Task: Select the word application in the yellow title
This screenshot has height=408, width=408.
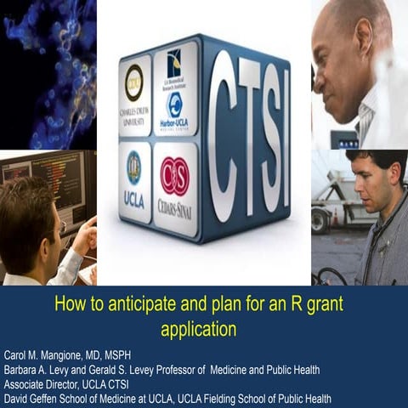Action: click(x=198, y=324)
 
